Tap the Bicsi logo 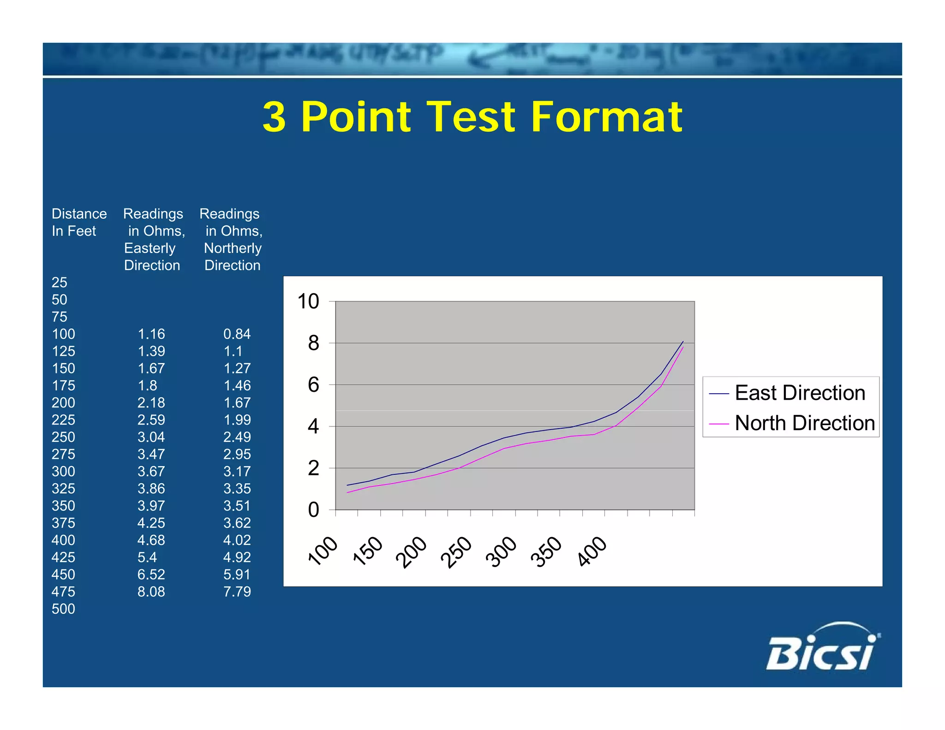(x=823, y=648)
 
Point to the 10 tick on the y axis (x=308, y=302)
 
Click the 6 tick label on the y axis (x=313, y=385)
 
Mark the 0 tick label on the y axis (x=313, y=510)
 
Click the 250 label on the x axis (x=456, y=552)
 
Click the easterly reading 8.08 (x=151, y=592)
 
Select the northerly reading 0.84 (x=237, y=334)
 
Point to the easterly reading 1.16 (x=151, y=334)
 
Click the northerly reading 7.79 (x=237, y=592)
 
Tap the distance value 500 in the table (x=63, y=609)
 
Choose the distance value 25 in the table (x=59, y=282)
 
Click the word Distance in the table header (x=79, y=214)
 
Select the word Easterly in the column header (x=150, y=248)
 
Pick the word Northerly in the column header (x=233, y=248)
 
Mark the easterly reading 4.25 (x=151, y=523)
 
